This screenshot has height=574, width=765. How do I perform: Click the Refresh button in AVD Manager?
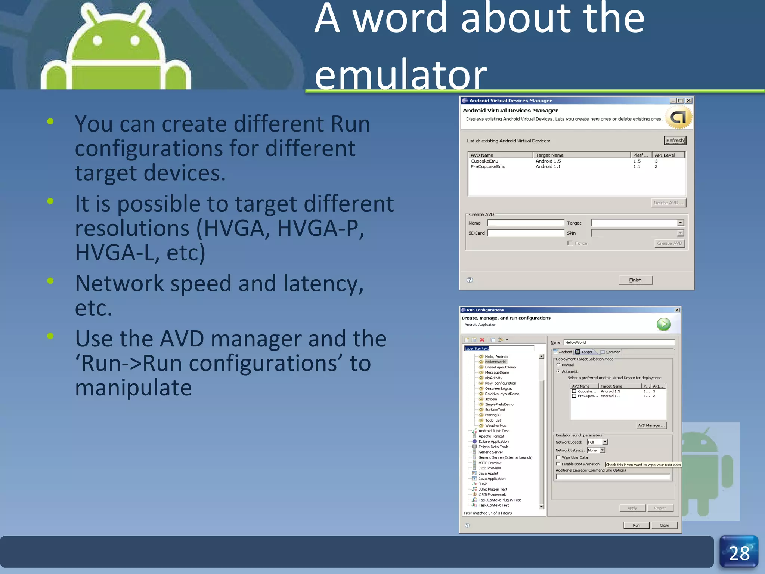point(675,141)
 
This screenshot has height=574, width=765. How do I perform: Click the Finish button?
point(635,280)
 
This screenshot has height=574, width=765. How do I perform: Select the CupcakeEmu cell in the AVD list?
point(484,161)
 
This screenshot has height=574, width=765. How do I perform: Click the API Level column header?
point(668,155)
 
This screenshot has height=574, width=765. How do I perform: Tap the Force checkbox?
point(570,243)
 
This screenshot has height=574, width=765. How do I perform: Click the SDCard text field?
point(526,233)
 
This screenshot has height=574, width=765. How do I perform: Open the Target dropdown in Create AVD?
point(680,223)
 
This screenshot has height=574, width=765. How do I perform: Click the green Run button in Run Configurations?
point(663,324)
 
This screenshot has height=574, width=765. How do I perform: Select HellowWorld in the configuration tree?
point(495,362)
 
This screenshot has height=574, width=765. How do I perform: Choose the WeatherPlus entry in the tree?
point(495,426)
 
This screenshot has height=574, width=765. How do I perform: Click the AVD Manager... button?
point(651,425)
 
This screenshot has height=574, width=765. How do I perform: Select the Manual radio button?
point(558,365)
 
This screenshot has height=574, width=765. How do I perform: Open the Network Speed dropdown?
point(605,442)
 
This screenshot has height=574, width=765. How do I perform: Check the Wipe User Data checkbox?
point(558,457)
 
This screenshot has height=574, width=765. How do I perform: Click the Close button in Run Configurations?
point(664,525)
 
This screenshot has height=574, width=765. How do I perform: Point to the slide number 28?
point(739,553)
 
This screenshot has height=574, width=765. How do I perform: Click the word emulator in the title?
point(400,75)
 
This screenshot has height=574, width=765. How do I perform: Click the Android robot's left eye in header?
point(97,40)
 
